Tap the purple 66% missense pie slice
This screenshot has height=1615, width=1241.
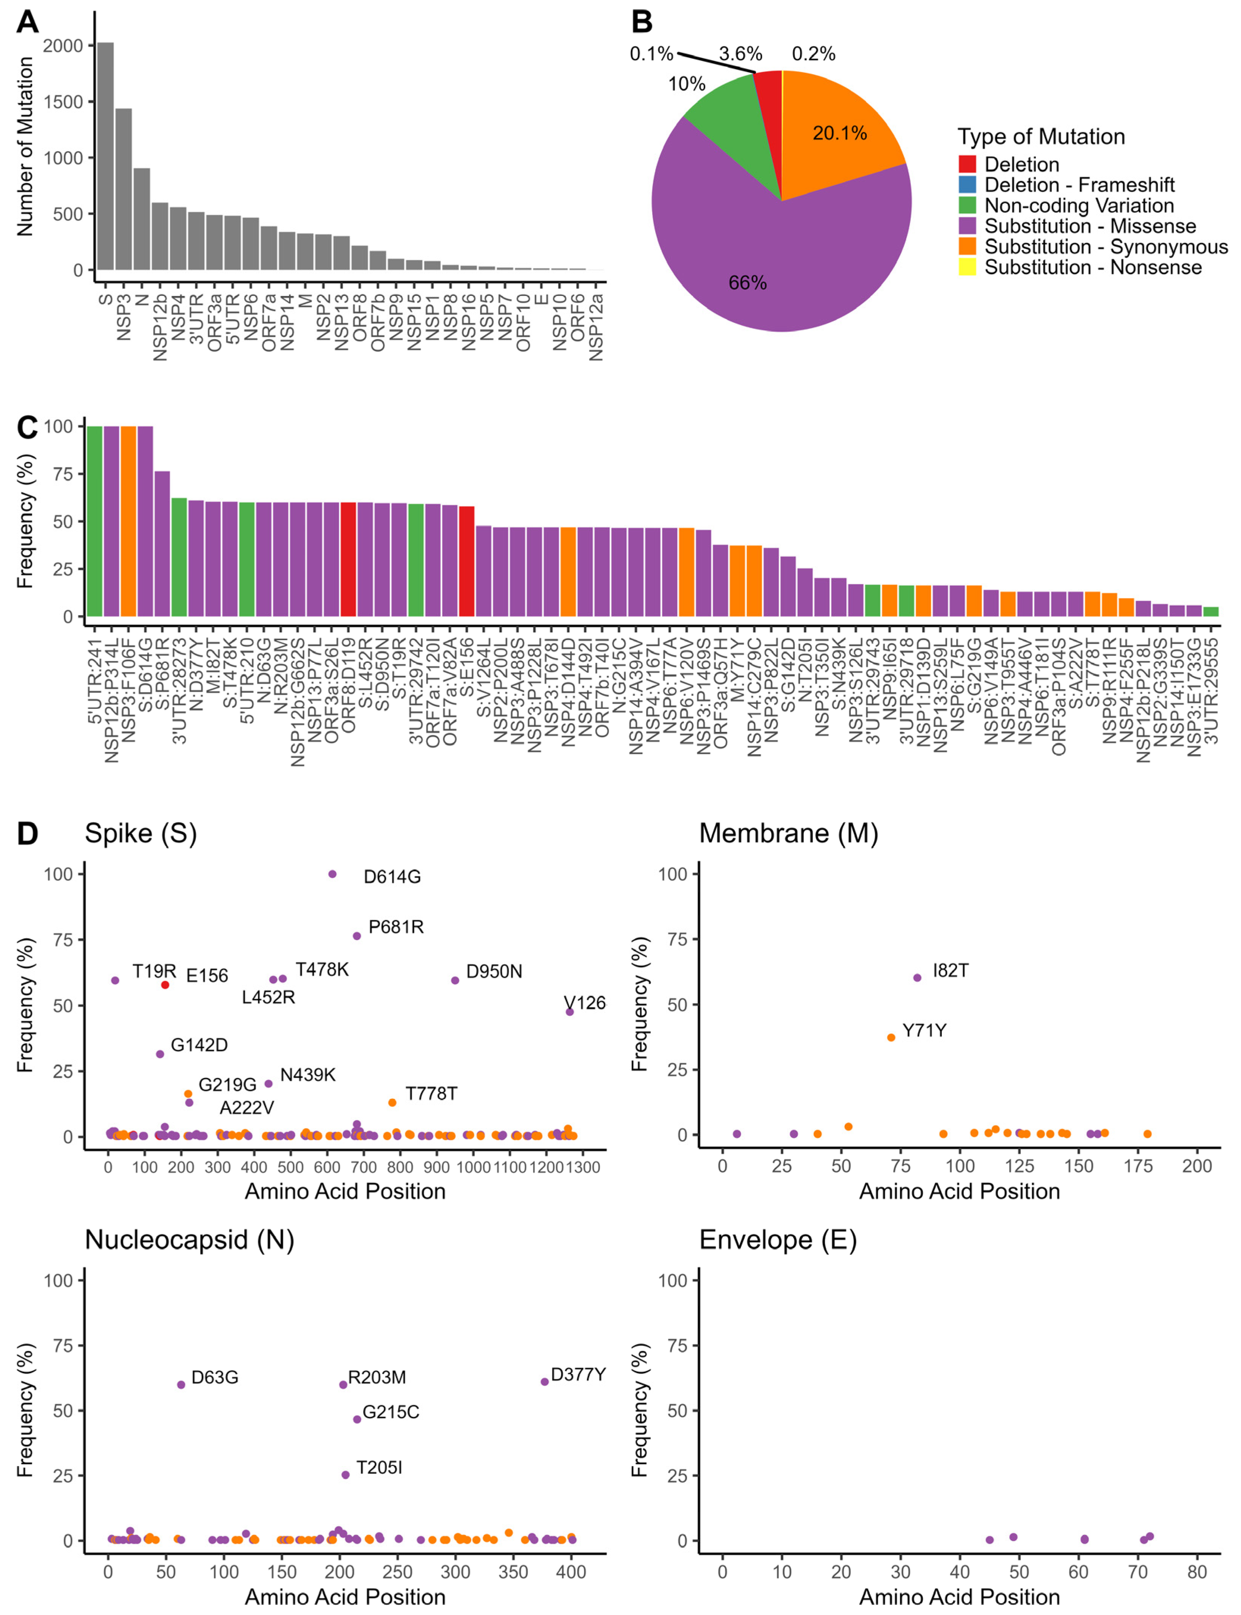coord(768,258)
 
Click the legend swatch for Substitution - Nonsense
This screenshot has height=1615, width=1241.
coord(967,267)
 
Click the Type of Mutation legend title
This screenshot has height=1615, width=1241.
coord(1041,136)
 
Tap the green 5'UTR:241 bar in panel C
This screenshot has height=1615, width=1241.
coord(94,521)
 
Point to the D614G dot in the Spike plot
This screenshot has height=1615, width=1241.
coord(333,874)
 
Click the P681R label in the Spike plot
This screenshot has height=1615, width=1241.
coord(396,927)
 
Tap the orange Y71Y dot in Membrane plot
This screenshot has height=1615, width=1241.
coord(891,1037)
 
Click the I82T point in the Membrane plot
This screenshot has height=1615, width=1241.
coord(918,978)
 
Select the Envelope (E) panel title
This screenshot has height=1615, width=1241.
coord(778,1240)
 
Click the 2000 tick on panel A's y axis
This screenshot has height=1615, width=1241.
coord(63,46)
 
